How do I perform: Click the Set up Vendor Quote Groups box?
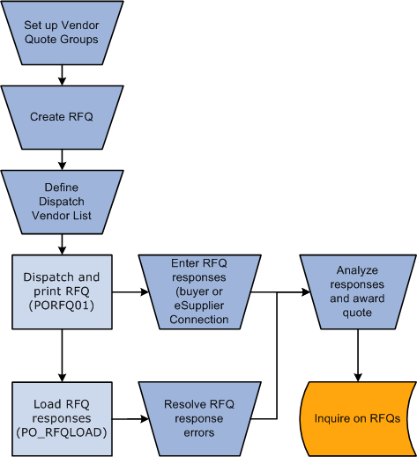tap(62, 33)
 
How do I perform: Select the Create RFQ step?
tap(62, 117)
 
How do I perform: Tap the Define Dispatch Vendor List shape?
tap(62, 202)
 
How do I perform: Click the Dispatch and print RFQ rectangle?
tap(62, 291)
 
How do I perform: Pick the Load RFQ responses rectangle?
tap(62, 419)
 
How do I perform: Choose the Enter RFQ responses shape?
tap(199, 291)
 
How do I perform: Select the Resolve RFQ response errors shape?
tap(199, 419)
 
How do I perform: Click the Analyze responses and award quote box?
tap(358, 291)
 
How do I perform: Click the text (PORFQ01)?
tap(62, 306)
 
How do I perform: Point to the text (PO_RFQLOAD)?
tap(62, 432)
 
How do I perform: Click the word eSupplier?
tap(199, 306)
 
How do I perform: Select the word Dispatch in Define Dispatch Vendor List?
tap(62, 202)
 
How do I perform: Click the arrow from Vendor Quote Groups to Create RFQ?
tap(62, 75)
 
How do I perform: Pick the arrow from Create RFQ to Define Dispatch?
tap(62, 159)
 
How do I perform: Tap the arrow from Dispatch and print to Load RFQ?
tap(62, 356)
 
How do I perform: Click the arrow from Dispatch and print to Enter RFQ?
tap(130, 292)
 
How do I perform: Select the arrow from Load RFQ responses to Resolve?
tap(130, 419)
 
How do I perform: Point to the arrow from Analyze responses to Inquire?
tap(358, 356)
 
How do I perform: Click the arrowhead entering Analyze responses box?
tap(307, 292)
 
